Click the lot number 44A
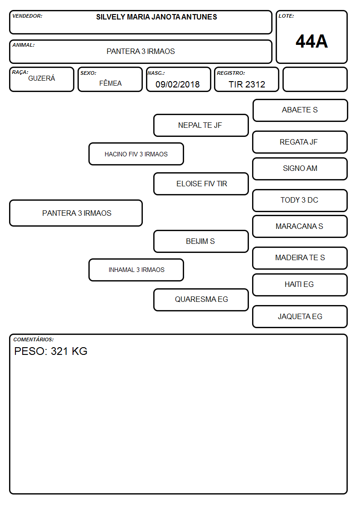coord(311,41)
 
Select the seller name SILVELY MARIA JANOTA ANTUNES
coord(156,17)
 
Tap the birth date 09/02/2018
coord(178,84)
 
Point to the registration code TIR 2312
coord(247,84)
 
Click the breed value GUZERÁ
coord(42,78)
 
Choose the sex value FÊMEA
coord(110,83)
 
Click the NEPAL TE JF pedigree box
coord(201,125)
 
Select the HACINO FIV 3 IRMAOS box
coord(136,154)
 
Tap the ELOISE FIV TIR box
coord(201,184)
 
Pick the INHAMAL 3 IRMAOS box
coord(136,270)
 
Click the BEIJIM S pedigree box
coord(201,241)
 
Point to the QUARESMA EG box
coord(201,300)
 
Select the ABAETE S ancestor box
coord(300,111)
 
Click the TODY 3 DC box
coord(300,200)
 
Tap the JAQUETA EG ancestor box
coord(300,316)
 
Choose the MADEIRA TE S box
coord(300,258)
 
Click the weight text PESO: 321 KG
coord(51,351)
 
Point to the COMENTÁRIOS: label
coord(34,339)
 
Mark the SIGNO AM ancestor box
coord(300,169)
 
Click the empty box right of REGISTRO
coord(315,79)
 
